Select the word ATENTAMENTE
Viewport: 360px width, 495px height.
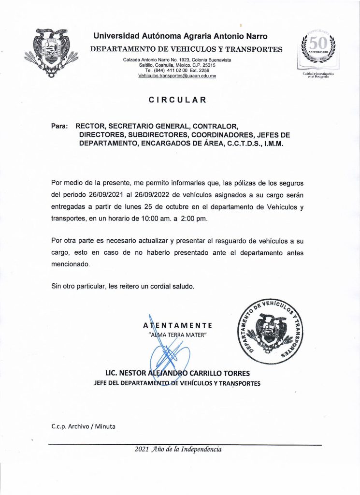177,325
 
